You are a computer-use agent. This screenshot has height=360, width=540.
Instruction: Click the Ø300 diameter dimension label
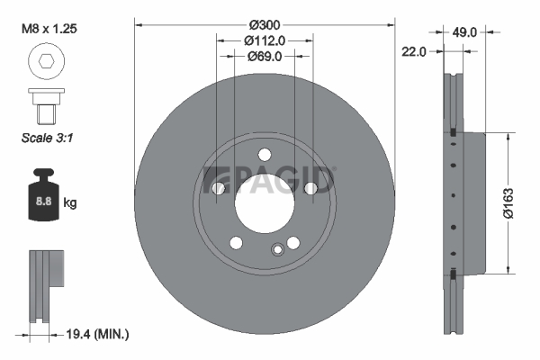tap(265, 25)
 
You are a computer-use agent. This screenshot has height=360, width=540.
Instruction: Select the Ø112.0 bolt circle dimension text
tap(265, 40)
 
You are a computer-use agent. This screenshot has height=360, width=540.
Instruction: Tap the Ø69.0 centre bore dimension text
tap(265, 56)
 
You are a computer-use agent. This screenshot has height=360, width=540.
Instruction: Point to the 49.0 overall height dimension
tap(464, 32)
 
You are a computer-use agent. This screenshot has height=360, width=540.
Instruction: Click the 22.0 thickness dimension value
tap(414, 52)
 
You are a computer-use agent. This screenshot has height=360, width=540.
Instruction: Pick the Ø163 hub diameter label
tap(508, 203)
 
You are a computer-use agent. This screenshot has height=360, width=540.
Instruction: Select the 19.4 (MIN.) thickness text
tap(97, 334)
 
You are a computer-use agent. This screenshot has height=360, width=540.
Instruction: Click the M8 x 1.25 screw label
tap(49, 29)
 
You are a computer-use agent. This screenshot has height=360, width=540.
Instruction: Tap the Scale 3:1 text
tap(47, 138)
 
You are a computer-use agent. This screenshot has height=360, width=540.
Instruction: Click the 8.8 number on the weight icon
tap(44, 201)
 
